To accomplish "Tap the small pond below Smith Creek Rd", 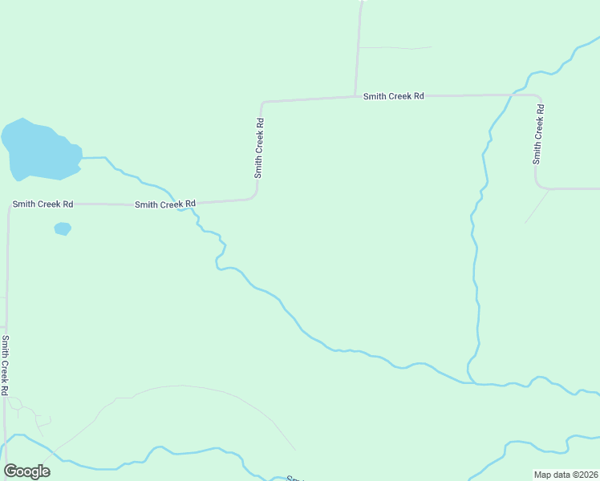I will tap(63, 229).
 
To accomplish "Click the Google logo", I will tap(26, 471).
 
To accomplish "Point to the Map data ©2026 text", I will tap(566, 475).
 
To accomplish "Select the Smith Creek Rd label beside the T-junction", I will tap(393, 96).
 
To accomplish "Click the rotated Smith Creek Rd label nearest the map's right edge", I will tap(539, 140).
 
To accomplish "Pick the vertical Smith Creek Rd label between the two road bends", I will tap(259, 148).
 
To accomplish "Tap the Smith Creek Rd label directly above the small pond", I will tap(43, 204).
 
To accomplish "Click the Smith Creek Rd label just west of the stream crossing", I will tap(165, 204).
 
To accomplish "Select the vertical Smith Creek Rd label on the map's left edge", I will tap(5, 365).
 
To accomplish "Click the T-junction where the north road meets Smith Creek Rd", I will tap(355, 97).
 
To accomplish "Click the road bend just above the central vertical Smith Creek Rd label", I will tap(262, 103).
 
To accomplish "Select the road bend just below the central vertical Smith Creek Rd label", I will tap(255, 196).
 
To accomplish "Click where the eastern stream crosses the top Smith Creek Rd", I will tap(510, 95).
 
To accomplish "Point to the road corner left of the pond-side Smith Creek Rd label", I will tap(10, 205).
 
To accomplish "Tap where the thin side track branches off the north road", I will tap(358, 48).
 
